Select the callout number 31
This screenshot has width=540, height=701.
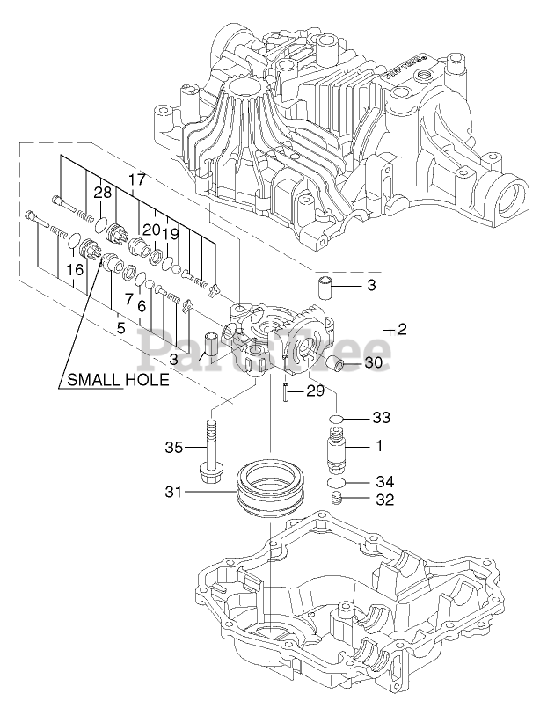tap(171, 493)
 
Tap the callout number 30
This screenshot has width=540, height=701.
tap(374, 363)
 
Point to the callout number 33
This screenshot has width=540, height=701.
tap(381, 416)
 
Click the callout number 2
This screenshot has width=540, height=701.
tap(402, 331)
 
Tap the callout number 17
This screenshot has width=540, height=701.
tap(136, 179)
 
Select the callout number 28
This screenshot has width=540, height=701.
tap(102, 193)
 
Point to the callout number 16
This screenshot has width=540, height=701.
tap(74, 270)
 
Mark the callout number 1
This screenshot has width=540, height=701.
tap(379, 446)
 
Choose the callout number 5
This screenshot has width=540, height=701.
tap(120, 327)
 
